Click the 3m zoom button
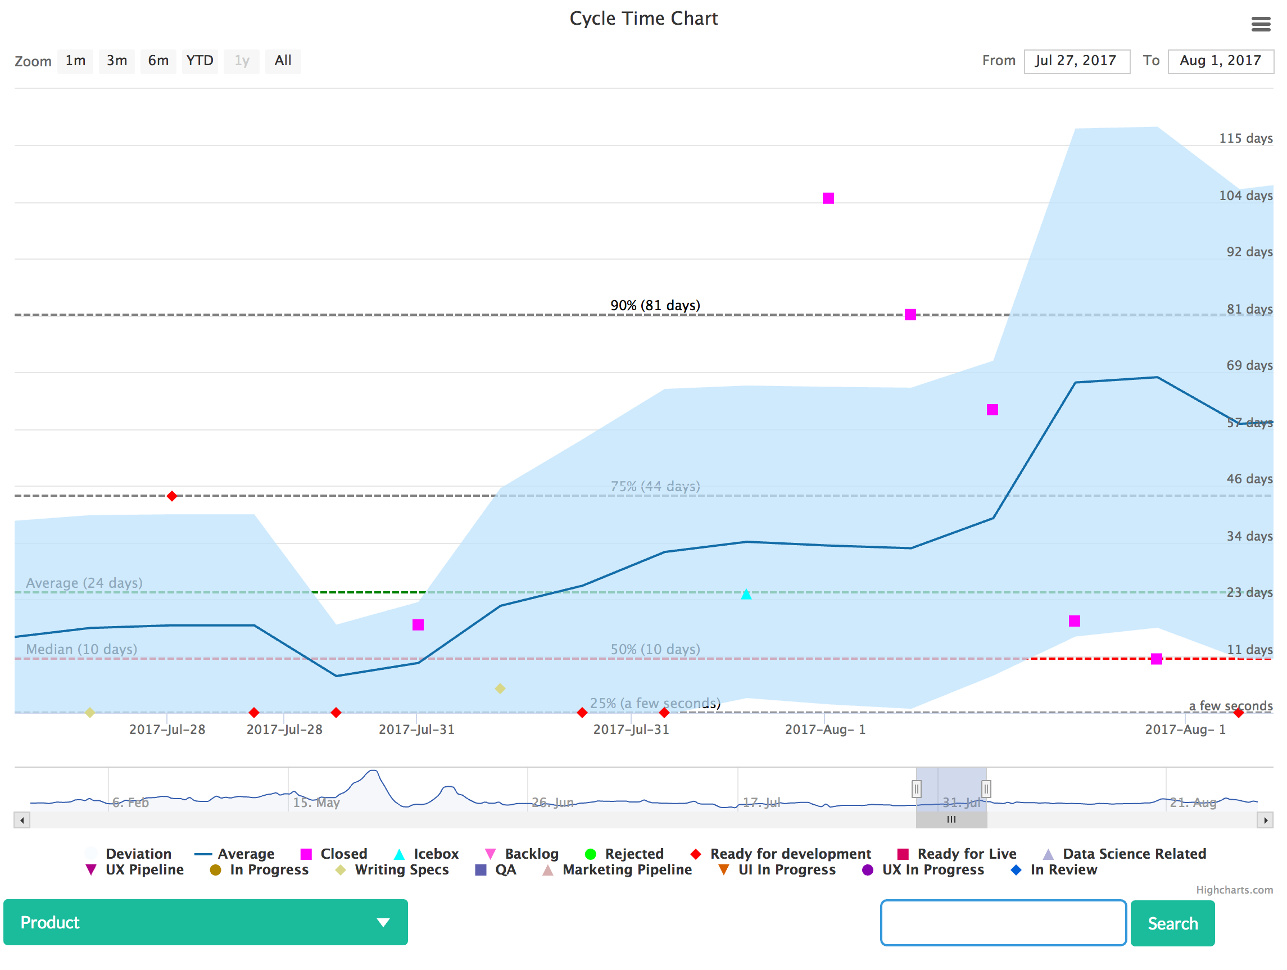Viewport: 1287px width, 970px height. pos(116,61)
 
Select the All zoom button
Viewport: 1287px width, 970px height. pos(283,61)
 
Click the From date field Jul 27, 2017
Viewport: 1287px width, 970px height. pos(1076,61)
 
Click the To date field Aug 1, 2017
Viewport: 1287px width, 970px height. pos(1220,61)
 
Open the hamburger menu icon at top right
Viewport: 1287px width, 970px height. pos(1260,24)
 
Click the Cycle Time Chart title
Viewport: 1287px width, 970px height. pos(643,19)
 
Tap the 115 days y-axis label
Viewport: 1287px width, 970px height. pos(1245,138)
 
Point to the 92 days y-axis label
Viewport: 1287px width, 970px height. pos(1249,252)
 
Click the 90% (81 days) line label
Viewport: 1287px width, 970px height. pos(655,306)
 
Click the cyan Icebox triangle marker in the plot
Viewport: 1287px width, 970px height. pos(746,594)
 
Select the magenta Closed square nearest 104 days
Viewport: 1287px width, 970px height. pos(828,198)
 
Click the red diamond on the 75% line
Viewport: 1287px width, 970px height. pos(171,496)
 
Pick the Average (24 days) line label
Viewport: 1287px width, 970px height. pos(84,583)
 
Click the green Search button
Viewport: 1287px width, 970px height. pos(1172,923)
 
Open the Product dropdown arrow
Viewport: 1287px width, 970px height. pos(383,922)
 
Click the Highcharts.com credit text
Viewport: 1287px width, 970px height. pos(1234,890)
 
